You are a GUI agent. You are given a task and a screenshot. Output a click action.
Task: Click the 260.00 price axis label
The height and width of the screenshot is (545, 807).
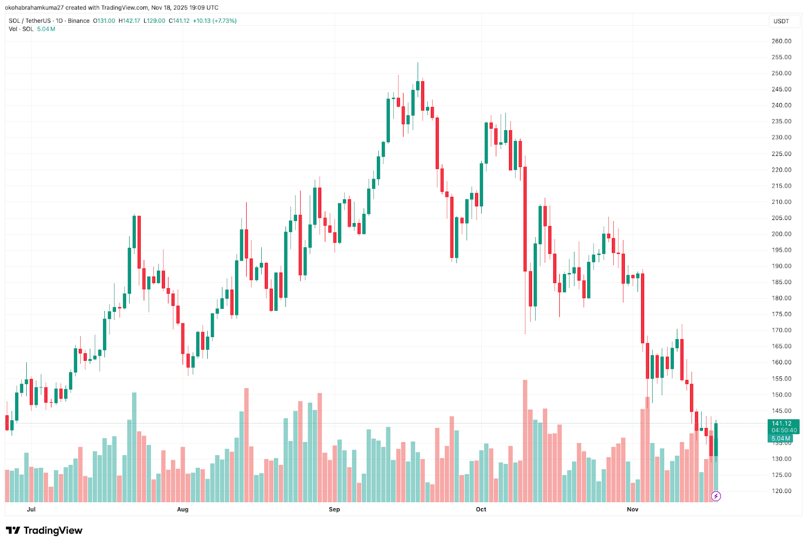click(x=781, y=41)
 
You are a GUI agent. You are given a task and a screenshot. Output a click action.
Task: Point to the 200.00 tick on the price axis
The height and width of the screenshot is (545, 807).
click(x=781, y=234)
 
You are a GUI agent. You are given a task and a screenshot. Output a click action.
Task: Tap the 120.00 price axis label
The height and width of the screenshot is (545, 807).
click(x=781, y=491)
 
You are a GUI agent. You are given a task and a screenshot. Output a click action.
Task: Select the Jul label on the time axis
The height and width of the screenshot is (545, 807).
click(x=31, y=510)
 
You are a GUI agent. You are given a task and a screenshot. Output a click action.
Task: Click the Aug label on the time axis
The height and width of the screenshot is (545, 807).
click(x=183, y=510)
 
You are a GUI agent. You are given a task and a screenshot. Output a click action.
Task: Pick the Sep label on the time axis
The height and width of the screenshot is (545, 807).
click(x=334, y=510)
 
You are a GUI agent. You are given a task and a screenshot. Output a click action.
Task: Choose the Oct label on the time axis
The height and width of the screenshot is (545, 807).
click(x=481, y=510)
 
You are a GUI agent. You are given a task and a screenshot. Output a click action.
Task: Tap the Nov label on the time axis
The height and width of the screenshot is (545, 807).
click(x=632, y=510)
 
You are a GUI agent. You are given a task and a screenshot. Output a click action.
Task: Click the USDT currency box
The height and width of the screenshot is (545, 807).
click(x=781, y=21)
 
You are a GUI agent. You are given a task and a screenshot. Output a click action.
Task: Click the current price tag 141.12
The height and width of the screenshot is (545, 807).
click(x=781, y=423)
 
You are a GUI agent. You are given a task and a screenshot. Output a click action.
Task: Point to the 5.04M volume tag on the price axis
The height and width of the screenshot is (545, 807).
click(x=781, y=439)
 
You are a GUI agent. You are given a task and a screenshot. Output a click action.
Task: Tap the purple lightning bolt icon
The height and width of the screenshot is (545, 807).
click(x=716, y=497)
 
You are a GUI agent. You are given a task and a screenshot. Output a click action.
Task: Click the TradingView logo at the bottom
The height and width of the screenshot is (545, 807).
click(x=44, y=530)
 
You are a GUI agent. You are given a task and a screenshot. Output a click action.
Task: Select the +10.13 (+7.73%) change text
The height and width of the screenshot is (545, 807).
click(x=214, y=21)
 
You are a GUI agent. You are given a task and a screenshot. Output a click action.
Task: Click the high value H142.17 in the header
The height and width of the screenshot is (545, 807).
click(x=129, y=21)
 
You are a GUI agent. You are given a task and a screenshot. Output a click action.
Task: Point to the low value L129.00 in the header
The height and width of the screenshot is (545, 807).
click(x=154, y=21)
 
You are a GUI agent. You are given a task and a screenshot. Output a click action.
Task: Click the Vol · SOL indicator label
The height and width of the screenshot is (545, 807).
click(x=21, y=29)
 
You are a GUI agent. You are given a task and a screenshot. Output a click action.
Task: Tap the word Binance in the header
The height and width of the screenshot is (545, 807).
click(x=79, y=21)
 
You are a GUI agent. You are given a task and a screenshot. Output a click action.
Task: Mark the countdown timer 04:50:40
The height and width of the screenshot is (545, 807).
click(x=784, y=430)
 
